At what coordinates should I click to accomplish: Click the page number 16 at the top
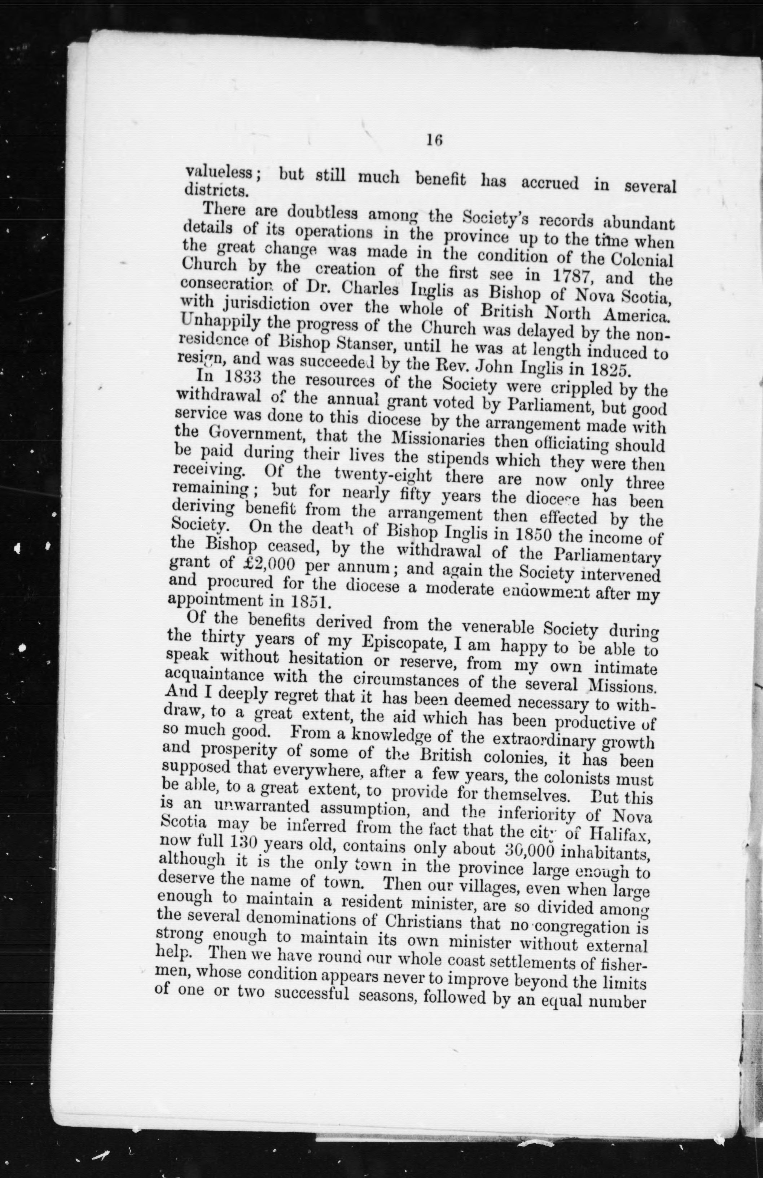[433, 140]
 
